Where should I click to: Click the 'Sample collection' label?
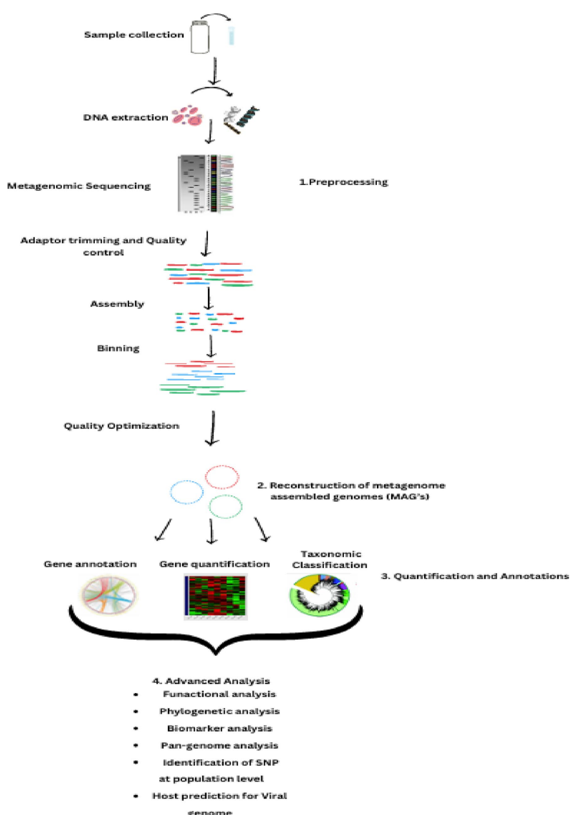(x=134, y=34)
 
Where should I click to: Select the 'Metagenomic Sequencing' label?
(x=79, y=186)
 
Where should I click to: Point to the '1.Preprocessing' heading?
(x=343, y=182)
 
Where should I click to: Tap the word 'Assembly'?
(x=117, y=304)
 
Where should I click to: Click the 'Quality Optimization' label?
(x=121, y=426)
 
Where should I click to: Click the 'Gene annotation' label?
(x=90, y=564)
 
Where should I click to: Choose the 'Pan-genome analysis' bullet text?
(x=219, y=745)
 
